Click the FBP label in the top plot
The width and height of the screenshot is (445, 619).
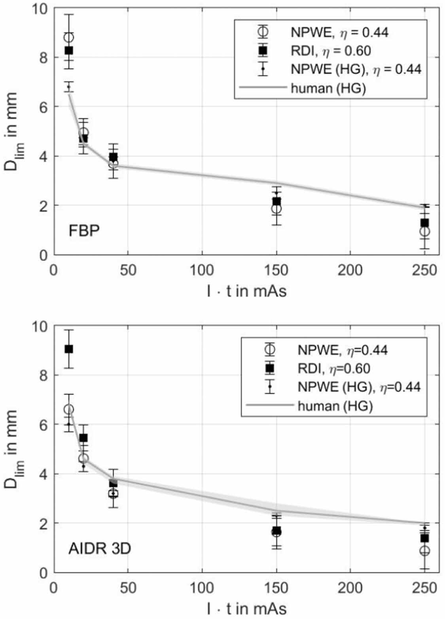pyautogui.click(x=84, y=230)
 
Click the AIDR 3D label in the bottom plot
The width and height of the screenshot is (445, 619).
pyautogui.click(x=99, y=549)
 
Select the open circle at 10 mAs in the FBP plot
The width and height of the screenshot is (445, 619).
pyautogui.click(x=69, y=38)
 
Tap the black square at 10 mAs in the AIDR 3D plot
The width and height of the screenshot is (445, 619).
pyautogui.click(x=69, y=349)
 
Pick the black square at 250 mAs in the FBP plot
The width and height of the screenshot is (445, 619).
pyautogui.click(x=424, y=223)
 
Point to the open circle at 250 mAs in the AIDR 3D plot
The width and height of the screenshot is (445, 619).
pyautogui.click(x=424, y=551)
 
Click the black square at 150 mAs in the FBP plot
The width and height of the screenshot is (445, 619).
pyautogui.click(x=276, y=201)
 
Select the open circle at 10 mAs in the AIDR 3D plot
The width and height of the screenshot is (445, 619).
pyautogui.click(x=69, y=409)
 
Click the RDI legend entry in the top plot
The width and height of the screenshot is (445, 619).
pyautogui.click(x=331, y=51)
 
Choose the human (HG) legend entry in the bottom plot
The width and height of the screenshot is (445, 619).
pyautogui.click(x=335, y=405)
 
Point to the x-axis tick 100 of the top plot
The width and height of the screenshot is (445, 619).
pyautogui.click(x=202, y=270)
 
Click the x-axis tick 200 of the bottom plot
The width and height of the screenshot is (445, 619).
pyautogui.click(x=350, y=588)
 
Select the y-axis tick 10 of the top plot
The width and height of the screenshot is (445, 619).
pyautogui.click(x=41, y=8)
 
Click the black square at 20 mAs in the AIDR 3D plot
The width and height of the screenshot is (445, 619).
pyautogui.click(x=83, y=438)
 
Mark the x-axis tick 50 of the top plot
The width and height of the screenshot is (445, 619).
pyautogui.click(x=128, y=270)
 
